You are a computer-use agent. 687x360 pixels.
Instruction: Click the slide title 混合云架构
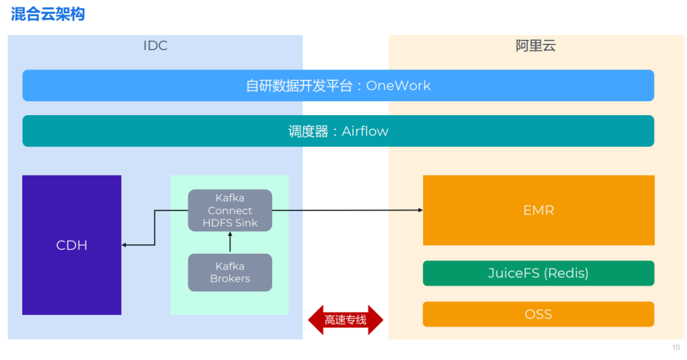tap(48, 14)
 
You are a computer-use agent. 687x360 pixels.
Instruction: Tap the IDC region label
tap(155, 46)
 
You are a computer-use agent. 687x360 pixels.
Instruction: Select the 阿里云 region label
tap(536, 46)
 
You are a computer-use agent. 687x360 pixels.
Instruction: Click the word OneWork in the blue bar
tap(398, 85)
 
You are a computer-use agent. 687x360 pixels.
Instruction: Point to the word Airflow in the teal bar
tap(365, 131)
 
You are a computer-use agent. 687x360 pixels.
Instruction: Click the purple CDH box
tap(72, 245)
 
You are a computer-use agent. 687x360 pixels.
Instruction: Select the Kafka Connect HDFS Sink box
tap(230, 211)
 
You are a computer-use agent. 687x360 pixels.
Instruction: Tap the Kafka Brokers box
tap(230, 272)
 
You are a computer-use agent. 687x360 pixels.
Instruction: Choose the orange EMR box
tap(539, 211)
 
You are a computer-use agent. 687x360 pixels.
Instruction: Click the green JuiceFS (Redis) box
tap(539, 273)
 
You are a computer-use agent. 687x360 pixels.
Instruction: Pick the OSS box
tap(539, 314)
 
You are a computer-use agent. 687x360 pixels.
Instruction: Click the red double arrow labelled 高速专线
tap(345, 320)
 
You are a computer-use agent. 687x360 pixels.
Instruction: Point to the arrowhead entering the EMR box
tap(420, 211)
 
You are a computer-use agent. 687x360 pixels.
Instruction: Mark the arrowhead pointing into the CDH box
tap(124, 245)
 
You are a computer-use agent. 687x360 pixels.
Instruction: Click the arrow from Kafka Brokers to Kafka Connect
tap(230, 242)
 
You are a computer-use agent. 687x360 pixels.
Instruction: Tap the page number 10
tap(676, 347)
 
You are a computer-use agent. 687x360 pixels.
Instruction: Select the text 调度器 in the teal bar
tap(308, 131)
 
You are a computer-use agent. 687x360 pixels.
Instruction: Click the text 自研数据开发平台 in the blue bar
tap(299, 85)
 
